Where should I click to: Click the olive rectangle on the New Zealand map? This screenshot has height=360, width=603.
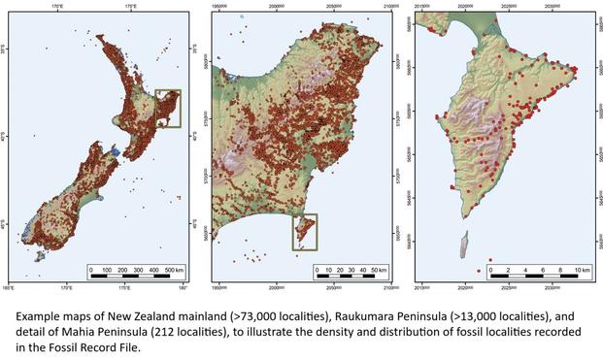coord(168,109)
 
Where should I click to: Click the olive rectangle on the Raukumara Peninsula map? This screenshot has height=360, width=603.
coord(305,232)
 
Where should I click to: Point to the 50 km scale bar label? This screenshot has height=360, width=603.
coord(377,268)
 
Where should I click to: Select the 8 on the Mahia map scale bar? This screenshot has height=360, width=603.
coord(557,268)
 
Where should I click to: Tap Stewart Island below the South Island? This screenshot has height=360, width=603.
coord(41,258)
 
